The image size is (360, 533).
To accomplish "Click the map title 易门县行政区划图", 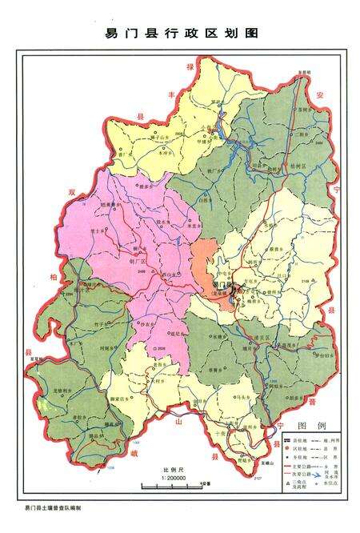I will click(180, 33).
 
